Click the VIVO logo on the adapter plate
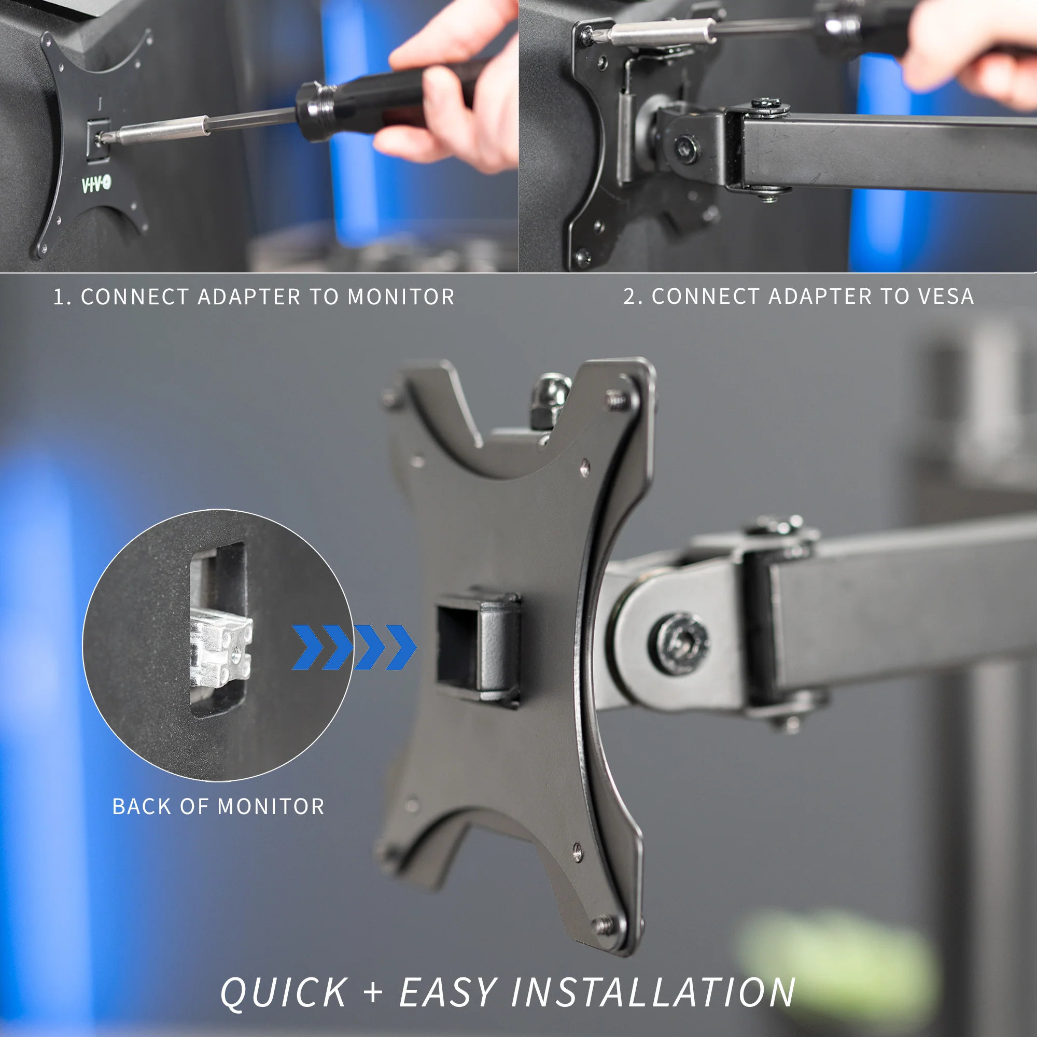[96, 184]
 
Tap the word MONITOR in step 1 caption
[401, 297]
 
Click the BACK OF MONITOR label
[218, 806]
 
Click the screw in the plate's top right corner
[617, 400]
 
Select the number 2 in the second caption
[629, 296]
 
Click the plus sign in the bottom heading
[373, 992]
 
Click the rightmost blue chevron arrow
[401, 647]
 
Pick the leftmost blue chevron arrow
[307, 647]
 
